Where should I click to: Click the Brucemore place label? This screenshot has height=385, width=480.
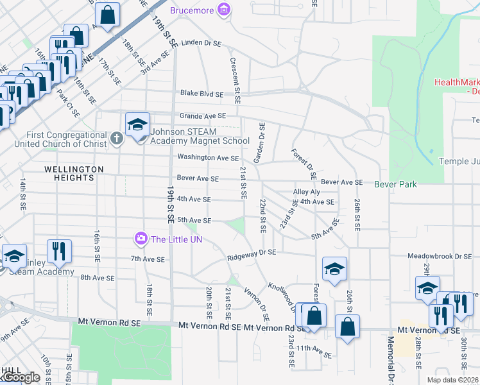(193, 11)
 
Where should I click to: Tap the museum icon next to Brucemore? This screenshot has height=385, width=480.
(224, 10)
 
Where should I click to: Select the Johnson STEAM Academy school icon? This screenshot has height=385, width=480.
(137, 126)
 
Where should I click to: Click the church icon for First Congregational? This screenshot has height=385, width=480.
(116, 137)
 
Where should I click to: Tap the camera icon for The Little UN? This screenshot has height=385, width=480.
(140, 239)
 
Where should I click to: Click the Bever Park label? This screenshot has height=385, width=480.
(396, 185)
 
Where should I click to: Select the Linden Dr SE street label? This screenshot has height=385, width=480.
(201, 43)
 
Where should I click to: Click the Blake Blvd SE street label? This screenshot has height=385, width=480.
(201, 94)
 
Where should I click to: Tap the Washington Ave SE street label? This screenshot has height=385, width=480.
(208, 158)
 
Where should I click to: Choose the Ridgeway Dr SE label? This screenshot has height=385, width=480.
(252, 253)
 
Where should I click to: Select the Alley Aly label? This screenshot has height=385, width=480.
(306, 192)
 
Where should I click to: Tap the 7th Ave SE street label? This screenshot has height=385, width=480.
(148, 260)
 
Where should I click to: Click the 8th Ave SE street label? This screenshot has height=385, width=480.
(97, 278)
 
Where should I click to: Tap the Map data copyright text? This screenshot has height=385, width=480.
(452, 380)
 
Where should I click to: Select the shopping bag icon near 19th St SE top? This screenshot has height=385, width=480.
(108, 14)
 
